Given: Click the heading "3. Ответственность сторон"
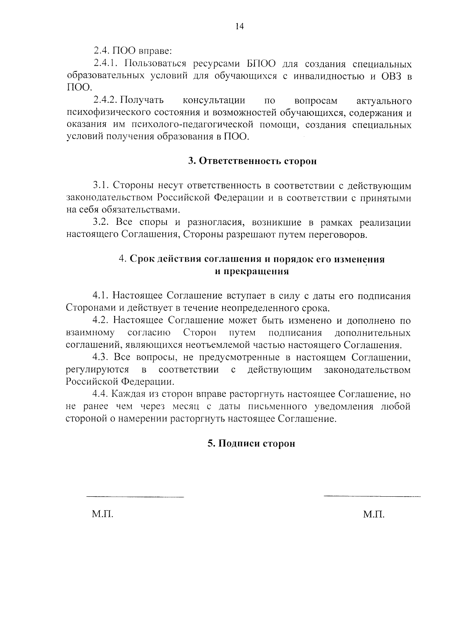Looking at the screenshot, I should (252, 161).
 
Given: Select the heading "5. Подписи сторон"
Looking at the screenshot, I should (251, 444).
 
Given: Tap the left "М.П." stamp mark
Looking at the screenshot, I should (102, 515).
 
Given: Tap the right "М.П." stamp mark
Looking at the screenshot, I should (373, 515).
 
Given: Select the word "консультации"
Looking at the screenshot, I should (214, 101).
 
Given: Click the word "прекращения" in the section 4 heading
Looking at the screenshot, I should (257, 272).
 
